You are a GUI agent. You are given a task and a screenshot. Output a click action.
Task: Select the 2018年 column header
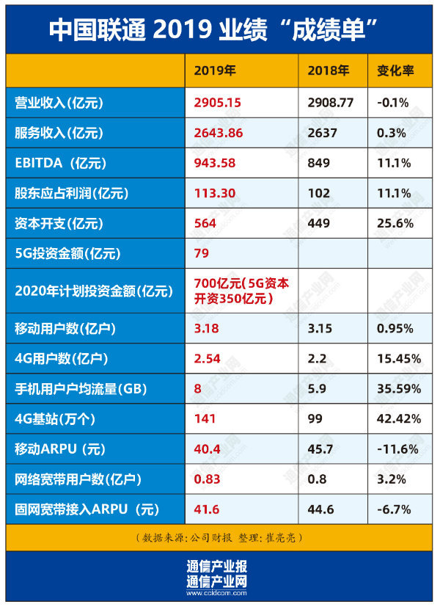[x=329, y=71]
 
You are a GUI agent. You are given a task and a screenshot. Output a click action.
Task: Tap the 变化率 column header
[x=396, y=71]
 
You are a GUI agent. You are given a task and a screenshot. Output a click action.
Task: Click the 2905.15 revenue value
[x=218, y=103]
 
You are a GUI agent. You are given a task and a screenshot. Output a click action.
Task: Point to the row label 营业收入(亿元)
[x=69, y=103]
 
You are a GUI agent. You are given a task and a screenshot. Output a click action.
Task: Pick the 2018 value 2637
[x=320, y=133]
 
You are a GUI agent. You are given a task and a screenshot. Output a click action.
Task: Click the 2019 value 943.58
[x=214, y=163]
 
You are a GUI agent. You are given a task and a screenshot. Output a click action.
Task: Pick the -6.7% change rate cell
[x=394, y=509]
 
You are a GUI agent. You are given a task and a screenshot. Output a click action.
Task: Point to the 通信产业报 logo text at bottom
[x=217, y=567]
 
